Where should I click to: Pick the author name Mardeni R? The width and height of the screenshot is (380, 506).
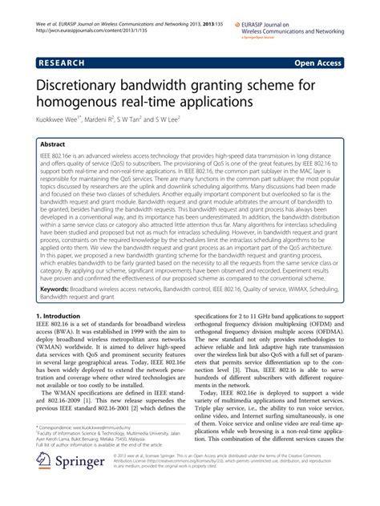click(x=107, y=123)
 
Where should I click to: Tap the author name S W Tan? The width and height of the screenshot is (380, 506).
click(x=146, y=123)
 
